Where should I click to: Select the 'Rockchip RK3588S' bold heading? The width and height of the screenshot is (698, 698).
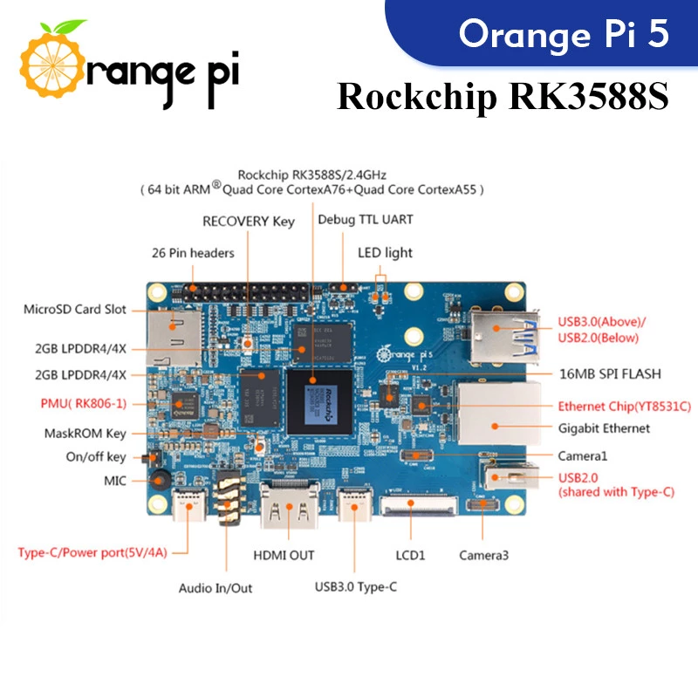coord(503,97)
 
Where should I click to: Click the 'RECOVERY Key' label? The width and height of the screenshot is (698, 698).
coord(249,222)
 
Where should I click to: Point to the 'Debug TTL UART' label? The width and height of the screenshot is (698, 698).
coord(366,219)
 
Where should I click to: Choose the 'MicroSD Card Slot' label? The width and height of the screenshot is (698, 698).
coord(75,309)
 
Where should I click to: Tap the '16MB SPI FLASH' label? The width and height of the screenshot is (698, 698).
coord(610,373)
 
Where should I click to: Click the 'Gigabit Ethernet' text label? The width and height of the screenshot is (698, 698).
coord(604,428)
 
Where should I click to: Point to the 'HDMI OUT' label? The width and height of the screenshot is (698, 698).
coord(284,555)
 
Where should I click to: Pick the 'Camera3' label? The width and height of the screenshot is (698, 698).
coord(484,555)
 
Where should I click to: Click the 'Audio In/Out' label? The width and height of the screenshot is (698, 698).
coord(216,588)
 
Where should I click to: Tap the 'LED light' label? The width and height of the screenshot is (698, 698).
coord(385,253)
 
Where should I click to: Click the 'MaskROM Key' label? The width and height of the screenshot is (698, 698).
coord(85,433)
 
